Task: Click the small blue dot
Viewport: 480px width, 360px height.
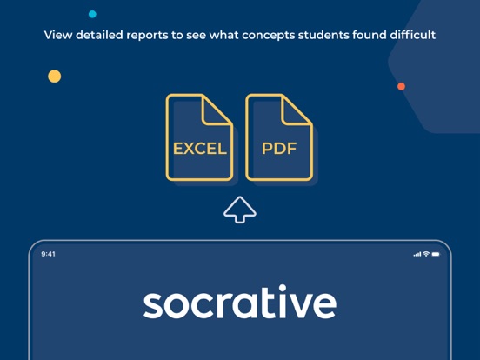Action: click(x=92, y=14)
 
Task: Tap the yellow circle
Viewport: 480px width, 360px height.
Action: click(x=55, y=77)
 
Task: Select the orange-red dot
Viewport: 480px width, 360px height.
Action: click(x=402, y=87)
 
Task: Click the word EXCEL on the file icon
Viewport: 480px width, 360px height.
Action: click(x=200, y=149)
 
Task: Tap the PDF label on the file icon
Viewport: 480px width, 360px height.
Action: click(x=279, y=149)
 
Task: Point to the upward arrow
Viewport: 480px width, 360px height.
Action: click(x=240, y=210)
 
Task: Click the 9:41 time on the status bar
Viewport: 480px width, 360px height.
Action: click(x=48, y=254)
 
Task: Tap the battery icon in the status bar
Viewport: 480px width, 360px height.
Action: click(x=436, y=254)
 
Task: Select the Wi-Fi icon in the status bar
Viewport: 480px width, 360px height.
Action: click(x=426, y=254)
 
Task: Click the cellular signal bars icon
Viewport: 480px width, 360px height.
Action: click(x=417, y=254)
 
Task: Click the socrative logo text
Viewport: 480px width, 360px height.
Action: click(x=240, y=302)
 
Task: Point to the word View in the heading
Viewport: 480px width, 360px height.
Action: click(x=58, y=35)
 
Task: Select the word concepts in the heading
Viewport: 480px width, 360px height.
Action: click(x=268, y=36)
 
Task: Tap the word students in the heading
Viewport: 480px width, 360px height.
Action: click(x=323, y=35)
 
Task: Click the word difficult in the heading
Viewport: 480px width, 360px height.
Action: click(x=413, y=35)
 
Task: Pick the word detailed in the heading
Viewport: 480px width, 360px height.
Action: click(x=99, y=35)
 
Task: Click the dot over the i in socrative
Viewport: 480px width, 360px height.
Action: click(x=283, y=288)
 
